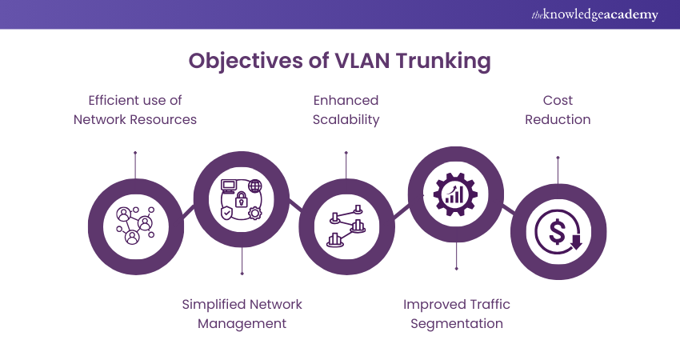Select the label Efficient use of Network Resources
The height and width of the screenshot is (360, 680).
click(x=135, y=110)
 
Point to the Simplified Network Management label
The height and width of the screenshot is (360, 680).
click(x=242, y=314)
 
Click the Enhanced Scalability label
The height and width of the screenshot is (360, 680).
click(x=346, y=110)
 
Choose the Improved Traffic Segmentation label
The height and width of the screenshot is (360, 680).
click(x=457, y=314)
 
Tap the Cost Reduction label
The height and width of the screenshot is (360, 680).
click(x=556, y=110)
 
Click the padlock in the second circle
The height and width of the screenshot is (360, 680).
click(x=242, y=199)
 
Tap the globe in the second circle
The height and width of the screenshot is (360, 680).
click(x=255, y=186)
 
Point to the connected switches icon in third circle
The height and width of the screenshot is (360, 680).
click(x=346, y=227)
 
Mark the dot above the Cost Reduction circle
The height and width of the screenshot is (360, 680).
click(x=558, y=158)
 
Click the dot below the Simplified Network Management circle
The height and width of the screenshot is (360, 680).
click(x=242, y=274)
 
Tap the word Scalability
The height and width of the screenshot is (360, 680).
click(x=346, y=119)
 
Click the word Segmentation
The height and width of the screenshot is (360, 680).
click(x=457, y=323)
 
